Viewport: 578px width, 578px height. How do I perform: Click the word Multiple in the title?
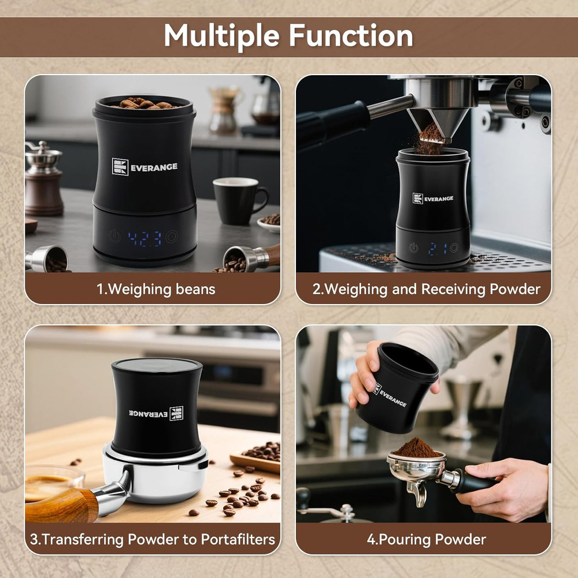point(221,36)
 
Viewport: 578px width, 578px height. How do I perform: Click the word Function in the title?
point(351,36)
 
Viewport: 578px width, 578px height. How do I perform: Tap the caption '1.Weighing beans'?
point(155,289)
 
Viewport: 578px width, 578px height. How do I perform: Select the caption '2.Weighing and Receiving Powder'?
point(427,289)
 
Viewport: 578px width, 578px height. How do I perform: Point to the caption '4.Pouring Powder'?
point(427,539)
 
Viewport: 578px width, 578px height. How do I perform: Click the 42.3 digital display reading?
point(144,238)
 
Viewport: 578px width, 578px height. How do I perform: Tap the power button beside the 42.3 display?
point(114,236)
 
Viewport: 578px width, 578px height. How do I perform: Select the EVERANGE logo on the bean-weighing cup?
point(145,167)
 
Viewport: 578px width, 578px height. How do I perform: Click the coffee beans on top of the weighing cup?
point(144,103)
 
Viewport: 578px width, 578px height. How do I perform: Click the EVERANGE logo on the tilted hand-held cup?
point(390,395)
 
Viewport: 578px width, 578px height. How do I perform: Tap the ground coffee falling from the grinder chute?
point(430,139)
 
